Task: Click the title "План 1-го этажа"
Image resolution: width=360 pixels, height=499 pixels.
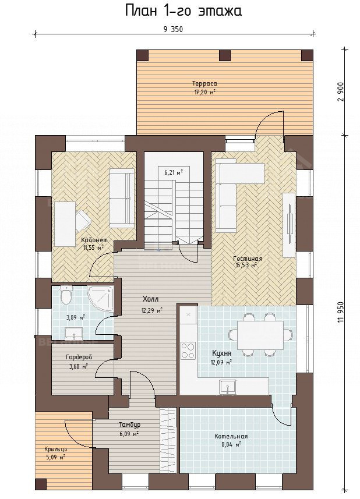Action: [183, 11]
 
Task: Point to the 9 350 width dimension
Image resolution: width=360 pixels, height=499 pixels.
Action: [173, 29]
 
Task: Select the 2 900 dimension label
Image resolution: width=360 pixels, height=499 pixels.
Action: [341, 92]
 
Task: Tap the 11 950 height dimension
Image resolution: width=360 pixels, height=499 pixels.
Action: [341, 313]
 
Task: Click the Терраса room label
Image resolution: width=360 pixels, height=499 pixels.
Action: [204, 83]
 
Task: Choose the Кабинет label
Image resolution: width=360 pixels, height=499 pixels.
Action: [94, 240]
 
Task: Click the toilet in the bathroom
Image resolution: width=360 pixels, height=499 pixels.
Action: [66, 295]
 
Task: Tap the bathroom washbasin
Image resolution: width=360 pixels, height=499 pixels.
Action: [74, 334]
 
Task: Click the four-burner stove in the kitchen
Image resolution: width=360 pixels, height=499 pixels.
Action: [188, 351]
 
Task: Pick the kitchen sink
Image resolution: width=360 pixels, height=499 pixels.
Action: [227, 387]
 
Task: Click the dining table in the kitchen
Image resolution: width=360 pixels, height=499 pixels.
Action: [260, 335]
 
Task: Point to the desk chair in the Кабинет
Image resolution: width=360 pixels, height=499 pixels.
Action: [83, 220]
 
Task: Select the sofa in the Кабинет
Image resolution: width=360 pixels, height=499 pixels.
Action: [122, 198]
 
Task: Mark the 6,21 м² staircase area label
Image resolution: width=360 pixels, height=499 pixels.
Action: [174, 173]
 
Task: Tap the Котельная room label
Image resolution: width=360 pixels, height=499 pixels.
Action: [231, 436]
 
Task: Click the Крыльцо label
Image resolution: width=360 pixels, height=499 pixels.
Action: [55, 450]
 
